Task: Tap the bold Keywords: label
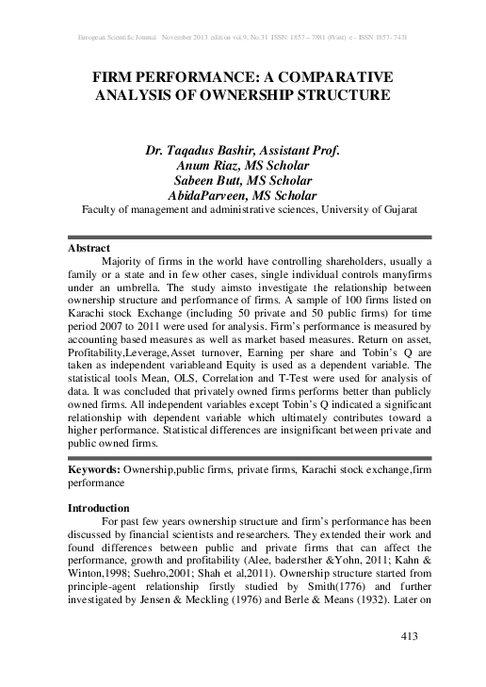coord(98,468)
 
